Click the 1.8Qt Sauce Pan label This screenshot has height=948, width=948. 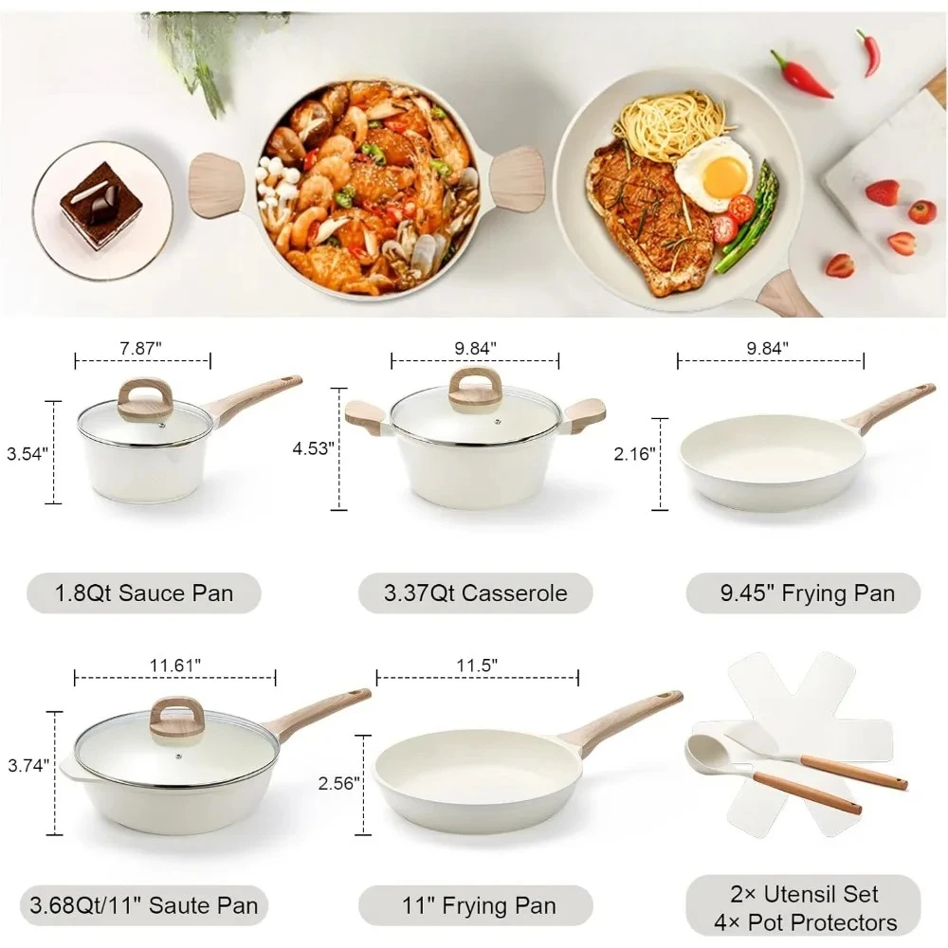[143, 593]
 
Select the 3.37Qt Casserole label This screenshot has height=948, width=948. [476, 593]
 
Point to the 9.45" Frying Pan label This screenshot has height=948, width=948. [803, 593]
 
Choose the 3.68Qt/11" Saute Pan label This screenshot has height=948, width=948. [143, 905]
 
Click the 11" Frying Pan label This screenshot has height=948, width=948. [476, 905]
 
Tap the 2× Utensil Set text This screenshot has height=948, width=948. [803, 894]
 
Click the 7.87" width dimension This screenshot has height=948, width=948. [142, 347]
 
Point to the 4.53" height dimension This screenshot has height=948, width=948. [314, 447]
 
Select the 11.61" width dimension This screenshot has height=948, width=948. [174, 665]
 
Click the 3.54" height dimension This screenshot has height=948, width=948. [26, 453]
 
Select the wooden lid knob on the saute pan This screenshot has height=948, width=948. [177, 717]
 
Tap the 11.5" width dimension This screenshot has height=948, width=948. [477, 665]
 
